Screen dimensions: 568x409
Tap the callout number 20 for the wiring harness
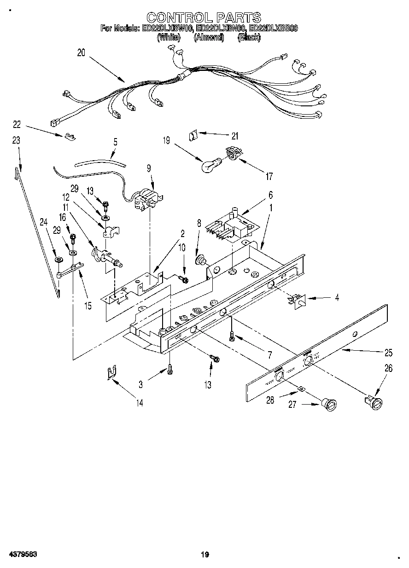pyautogui.click(x=81, y=53)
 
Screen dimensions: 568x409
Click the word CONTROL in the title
pyautogui.click(x=178, y=18)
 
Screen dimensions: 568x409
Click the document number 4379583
pyautogui.click(x=22, y=554)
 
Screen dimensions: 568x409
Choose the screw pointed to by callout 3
pyautogui.click(x=170, y=368)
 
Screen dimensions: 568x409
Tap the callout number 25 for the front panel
pyautogui.click(x=388, y=353)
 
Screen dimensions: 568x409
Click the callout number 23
pyautogui.click(x=16, y=141)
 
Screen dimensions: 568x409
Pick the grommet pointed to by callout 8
pyautogui.click(x=201, y=261)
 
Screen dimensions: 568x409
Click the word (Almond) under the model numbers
pyautogui.click(x=209, y=38)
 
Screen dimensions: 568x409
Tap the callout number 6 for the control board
pyautogui.click(x=270, y=195)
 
